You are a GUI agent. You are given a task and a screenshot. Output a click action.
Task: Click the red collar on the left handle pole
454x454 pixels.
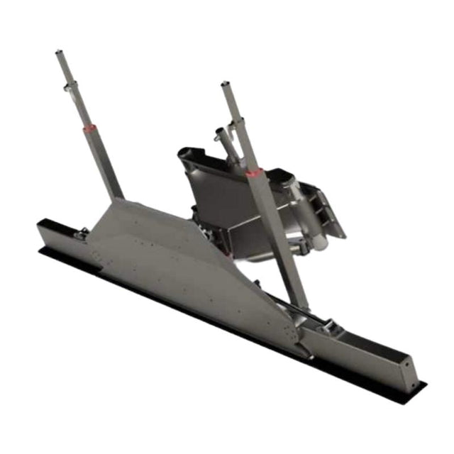click(x=89, y=129)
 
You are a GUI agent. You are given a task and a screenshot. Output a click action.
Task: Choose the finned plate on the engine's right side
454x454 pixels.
click(x=323, y=209)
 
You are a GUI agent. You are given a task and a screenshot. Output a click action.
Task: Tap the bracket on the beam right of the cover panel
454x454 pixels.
click(x=328, y=328)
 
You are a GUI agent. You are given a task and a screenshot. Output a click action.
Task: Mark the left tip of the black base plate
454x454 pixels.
click(x=40, y=249)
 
